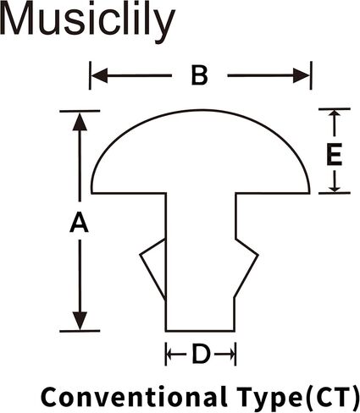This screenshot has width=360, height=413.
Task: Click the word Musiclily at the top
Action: click(x=87, y=21)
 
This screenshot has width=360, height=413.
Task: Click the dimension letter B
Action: click(x=200, y=75)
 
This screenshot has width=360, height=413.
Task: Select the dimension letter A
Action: click(x=80, y=223)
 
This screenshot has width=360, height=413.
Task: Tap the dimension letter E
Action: click(x=335, y=154)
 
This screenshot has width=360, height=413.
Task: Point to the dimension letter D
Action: click(x=201, y=354)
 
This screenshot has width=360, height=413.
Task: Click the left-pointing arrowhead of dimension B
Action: click(x=99, y=75)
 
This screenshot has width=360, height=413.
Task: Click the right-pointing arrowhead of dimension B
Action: click(x=302, y=75)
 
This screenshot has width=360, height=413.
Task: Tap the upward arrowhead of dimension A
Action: click(x=80, y=121)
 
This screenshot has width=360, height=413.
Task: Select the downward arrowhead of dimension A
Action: click(x=80, y=321)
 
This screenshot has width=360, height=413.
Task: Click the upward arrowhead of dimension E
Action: click(x=335, y=113)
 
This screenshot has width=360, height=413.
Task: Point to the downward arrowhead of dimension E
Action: click(x=335, y=189)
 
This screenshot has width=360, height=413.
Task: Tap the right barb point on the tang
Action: click(x=258, y=256)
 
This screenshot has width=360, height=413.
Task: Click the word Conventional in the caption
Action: click(x=134, y=396)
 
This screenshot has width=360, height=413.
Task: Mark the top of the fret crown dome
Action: click(x=201, y=110)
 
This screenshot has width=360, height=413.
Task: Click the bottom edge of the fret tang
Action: click(x=200, y=331)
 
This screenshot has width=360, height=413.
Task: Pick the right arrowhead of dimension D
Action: click(x=231, y=354)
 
